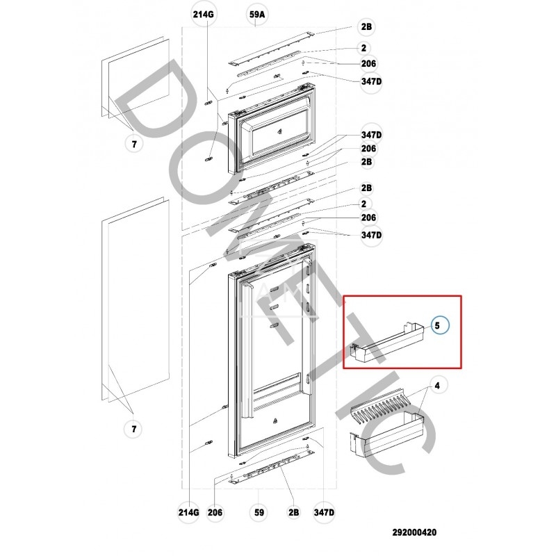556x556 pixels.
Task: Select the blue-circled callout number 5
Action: tap(439, 325)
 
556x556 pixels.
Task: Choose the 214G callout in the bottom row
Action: tap(189, 513)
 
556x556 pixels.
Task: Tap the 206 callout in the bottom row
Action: tap(215, 513)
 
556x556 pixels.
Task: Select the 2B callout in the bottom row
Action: tap(293, 513)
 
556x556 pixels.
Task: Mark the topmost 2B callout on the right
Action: tap(366, 26)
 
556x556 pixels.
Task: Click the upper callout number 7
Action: tap(134, 144)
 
